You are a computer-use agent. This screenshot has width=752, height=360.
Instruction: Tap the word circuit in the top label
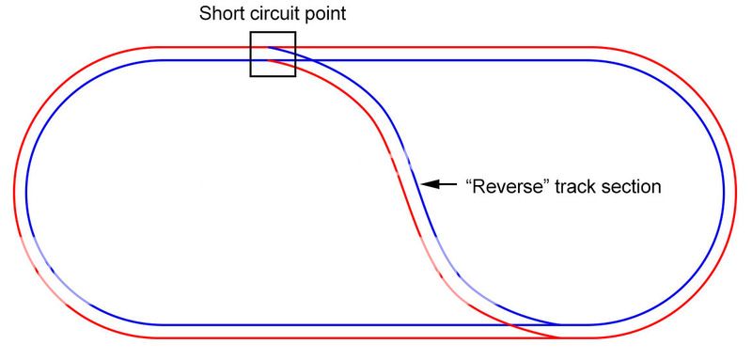tap(274, 15)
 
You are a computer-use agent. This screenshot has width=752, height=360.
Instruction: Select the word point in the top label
tap(325, 15)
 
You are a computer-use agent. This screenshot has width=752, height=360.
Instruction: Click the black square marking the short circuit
tap(273, 54)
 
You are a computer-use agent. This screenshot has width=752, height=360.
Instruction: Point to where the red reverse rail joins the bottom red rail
tap(561, 337)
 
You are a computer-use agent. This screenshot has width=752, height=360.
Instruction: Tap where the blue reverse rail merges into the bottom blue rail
tap(564, 324)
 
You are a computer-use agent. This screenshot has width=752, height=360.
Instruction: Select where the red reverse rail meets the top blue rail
tap(270, 59)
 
